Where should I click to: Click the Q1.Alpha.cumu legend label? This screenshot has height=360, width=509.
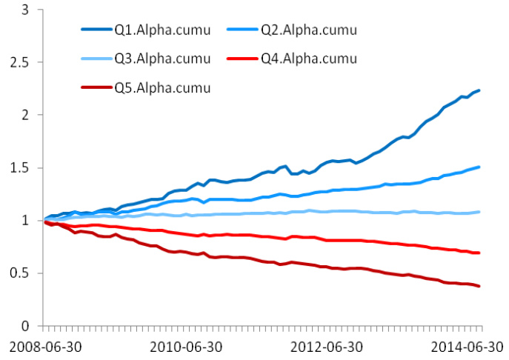162,30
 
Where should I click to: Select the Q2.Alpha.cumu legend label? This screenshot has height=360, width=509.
309,30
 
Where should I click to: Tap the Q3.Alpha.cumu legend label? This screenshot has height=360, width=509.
162,59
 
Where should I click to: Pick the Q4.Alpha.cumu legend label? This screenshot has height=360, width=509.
309,59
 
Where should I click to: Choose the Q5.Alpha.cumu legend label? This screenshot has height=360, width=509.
162,88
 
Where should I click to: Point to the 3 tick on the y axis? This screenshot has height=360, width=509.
26,10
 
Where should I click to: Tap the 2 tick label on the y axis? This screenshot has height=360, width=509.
26,116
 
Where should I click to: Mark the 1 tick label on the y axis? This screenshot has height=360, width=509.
26,221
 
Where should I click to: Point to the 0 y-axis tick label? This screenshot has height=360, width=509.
26,326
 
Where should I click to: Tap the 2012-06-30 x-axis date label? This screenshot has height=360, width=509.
327,347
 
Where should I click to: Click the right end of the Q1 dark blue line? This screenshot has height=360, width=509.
479,90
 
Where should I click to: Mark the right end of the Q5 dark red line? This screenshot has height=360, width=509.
479,286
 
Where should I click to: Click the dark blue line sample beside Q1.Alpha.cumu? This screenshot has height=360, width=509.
96,30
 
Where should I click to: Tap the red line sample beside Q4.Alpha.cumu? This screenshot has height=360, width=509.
242,59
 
